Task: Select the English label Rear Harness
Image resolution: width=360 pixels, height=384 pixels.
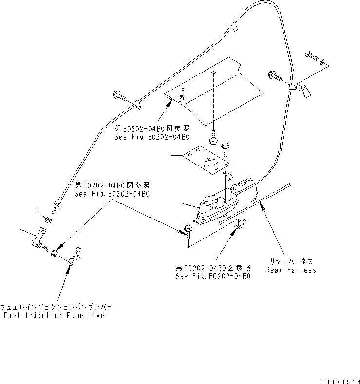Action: (291, 270)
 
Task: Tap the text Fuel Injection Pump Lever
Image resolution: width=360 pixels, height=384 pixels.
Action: (55, 315)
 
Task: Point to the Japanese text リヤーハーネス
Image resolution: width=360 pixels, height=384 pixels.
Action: (291, 261)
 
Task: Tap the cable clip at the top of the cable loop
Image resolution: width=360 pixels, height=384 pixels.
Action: (233, 27)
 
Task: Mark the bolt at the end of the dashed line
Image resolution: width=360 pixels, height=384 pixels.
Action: (214, 138)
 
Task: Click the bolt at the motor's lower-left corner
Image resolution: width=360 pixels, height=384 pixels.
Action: (189, 229)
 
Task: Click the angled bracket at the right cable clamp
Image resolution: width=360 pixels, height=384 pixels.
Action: (305, 90)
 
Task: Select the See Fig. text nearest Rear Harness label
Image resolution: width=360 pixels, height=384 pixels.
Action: (213, 276)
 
